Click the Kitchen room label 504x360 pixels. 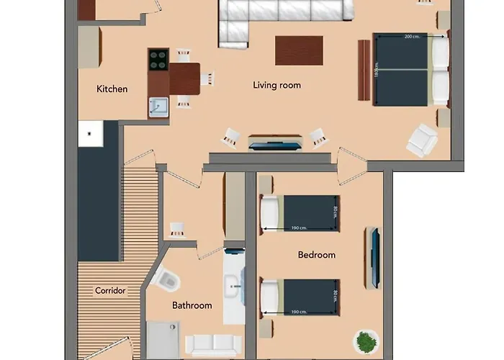point(112,89)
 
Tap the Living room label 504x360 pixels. point(276,85)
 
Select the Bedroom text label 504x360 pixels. point(316,255)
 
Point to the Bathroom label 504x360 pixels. point(192,305)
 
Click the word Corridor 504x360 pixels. point(110,291)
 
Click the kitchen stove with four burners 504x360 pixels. point(158,60)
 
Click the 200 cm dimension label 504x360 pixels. point(412,36)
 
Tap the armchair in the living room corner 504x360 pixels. point(422,140)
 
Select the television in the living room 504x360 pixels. point(275,143)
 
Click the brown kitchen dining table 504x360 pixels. point(184,78)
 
